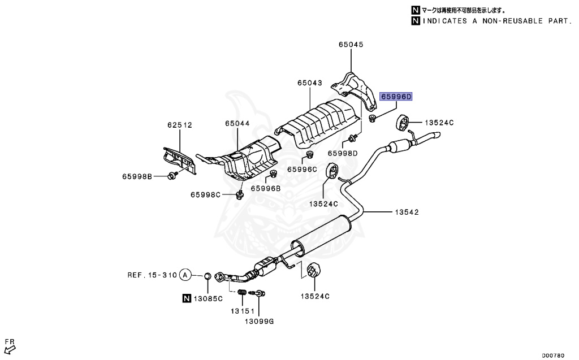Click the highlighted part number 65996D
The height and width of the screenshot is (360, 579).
pos(396,97)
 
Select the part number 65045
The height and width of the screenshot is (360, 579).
pos(351,45)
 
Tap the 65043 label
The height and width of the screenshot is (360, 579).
pos(309,83)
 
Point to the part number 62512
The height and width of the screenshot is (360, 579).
pos(179,125)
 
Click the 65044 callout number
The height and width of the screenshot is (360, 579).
pos(236,123)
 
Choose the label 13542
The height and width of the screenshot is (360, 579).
pos(407,212)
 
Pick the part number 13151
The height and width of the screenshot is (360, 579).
pos(241,311)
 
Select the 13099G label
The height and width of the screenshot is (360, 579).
pos(259,321)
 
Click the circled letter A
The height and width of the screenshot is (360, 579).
pos(184,275)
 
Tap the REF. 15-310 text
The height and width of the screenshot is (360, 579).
pos(151,275)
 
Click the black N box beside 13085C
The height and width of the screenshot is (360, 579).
pos(187,298)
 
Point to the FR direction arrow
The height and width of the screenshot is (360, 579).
pos(9,345)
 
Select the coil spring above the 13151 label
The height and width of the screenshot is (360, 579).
pos(241,293)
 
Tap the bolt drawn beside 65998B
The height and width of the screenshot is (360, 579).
pos(172,176)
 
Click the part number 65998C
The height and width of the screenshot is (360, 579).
pos(205,195)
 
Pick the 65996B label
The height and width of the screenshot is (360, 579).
pos(266,188)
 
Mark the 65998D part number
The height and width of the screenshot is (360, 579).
pos(344,153)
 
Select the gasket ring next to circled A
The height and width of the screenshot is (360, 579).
pos(208,276)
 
